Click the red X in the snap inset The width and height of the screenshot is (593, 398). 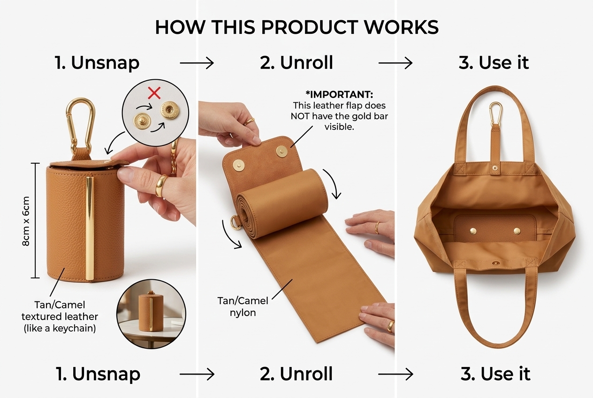[x=154, y=93]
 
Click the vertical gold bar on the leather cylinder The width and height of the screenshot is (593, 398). [x=90, y=228]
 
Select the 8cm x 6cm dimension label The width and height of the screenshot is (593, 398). [x=26, y=221]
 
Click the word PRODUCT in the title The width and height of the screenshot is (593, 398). [x=309, y=27]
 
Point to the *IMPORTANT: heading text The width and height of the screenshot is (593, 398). [x=339, y=94]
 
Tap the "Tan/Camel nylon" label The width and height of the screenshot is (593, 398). [x=243, y=306]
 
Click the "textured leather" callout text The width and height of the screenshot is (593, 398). [x=60, y=316]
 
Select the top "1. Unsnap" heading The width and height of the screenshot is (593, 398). [x=97, y=63]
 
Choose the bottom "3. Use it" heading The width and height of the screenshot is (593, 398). [x=495, y=374]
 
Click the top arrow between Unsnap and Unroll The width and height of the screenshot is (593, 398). [x=197, y=63]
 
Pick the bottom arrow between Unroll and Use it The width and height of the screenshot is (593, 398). [x=395, y=374]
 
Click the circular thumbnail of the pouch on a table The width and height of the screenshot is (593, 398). [x=151, y=314]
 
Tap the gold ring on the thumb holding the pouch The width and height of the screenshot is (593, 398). [x=161, y=185]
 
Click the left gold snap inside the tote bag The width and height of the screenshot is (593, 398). [x=473, y=231]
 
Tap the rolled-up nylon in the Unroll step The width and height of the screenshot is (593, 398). [x=282, y=204]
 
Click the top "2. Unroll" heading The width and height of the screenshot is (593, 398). [x=296, y=63]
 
